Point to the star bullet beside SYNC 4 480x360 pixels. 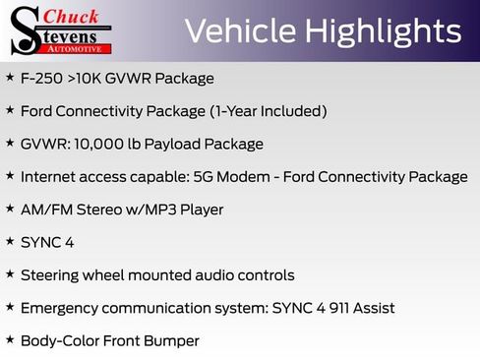(10, 241)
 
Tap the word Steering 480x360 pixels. (52, 275)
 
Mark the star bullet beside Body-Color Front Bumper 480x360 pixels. (10, 340)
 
